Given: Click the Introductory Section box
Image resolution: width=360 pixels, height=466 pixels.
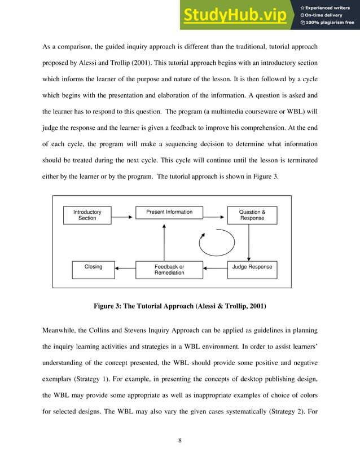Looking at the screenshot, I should tap(87, 215).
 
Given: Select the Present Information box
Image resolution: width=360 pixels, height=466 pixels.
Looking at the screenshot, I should tap(169, 213).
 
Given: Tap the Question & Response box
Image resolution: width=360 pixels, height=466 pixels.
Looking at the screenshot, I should tap(252, 215).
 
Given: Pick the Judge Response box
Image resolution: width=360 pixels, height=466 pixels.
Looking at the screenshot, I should tap(252, 267).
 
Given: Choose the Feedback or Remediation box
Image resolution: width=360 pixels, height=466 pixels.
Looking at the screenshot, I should tap(169, 270).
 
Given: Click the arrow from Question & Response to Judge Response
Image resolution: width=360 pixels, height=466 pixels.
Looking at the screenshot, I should tap(249, 242).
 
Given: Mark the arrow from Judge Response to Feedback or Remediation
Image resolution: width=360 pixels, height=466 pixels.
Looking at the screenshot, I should tap(215, 268).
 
